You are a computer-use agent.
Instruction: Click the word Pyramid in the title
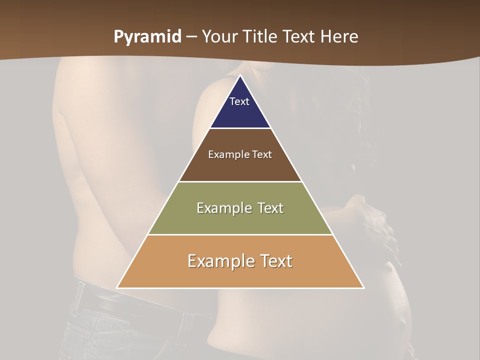pos(147,37)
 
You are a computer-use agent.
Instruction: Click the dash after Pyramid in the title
pos(191,37)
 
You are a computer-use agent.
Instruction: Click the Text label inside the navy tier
pos(239,101)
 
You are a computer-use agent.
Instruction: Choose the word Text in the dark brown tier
pos(262,154)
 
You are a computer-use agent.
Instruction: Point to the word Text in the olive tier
pos(269,208)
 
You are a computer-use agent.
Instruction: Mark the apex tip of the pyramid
pos(240,76)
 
